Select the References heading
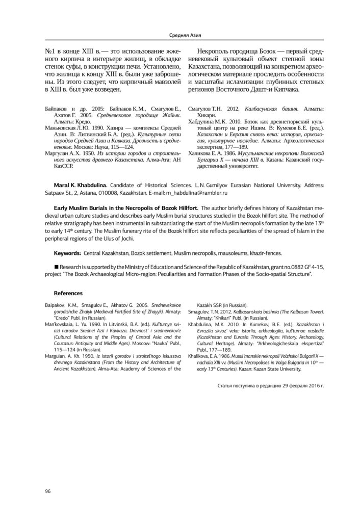(68, 293)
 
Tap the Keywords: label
(70, 253)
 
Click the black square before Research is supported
(56, 267)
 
